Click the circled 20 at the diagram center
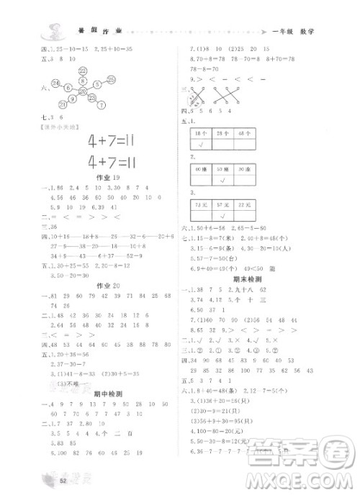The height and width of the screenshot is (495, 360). pos(84,91)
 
